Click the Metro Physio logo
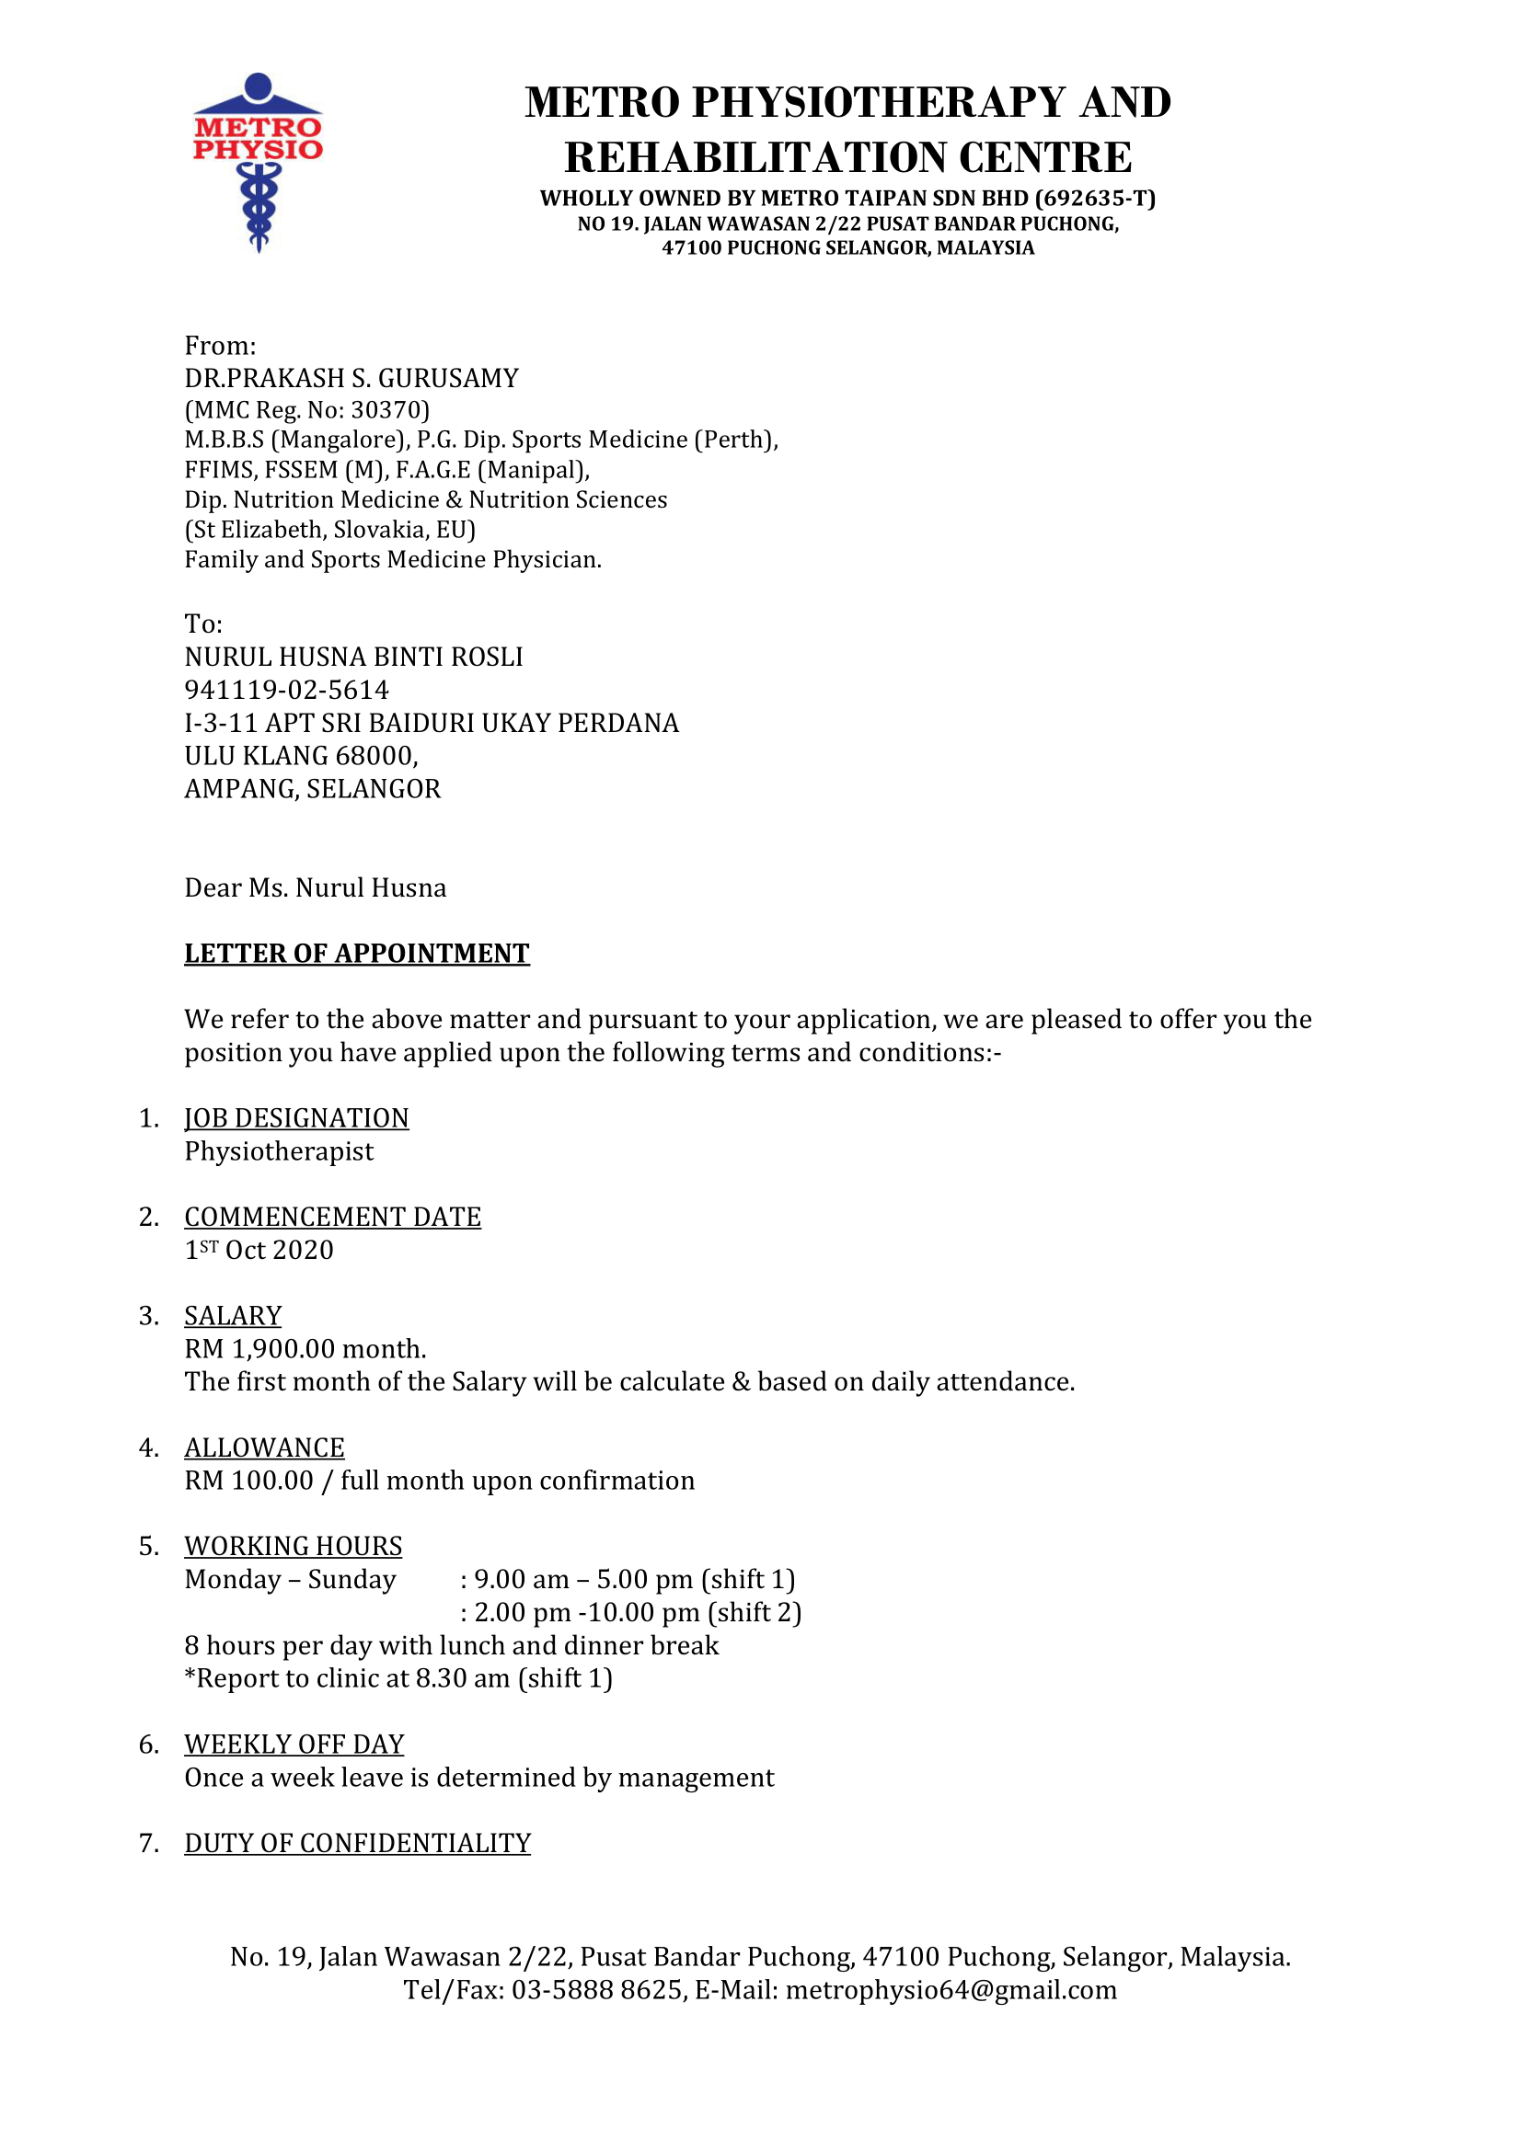tap(258, 161)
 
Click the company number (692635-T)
tap(1095, 199)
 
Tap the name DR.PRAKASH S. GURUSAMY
tap(351, 379)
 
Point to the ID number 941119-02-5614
tap(287, 691)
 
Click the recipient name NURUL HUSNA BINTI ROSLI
tap(353, 658)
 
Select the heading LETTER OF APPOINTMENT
tap(356, 954)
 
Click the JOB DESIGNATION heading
tap(296, 1118)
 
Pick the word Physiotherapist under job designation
tap(278, 1151)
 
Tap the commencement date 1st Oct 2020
tap(259, 1251)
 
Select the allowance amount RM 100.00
tap(248, 1481)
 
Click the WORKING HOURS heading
tap(294, 1546)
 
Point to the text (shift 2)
tap(755, 1612)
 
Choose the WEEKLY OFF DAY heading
tap(294, 1745)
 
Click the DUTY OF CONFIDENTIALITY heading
tap(357, 1843)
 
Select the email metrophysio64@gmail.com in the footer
tap(951, 1990)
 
